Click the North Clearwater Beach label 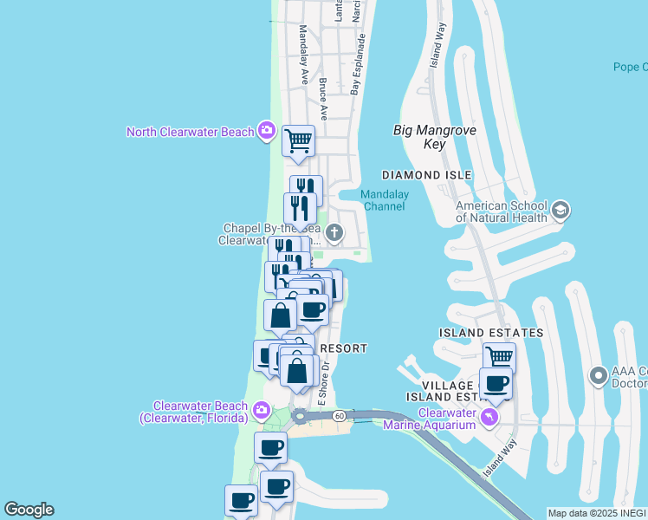[190, 132]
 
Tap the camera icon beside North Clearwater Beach [266, 132]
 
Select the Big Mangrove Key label [434, 137]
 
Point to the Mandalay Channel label [385, 201]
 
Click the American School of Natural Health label [502, 211]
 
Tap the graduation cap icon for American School [560, 211]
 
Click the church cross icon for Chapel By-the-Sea [334, 232]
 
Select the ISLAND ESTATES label [491, 333]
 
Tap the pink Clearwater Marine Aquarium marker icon [491, 419]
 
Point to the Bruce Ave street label [323, 99]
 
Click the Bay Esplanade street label [355, 64]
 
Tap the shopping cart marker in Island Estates [499, 355]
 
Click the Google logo [29, 510]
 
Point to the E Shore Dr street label [322, 386]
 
